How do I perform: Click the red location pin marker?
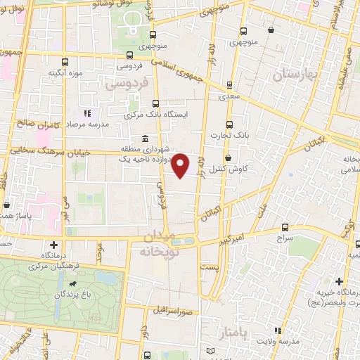click(x=181, y=166)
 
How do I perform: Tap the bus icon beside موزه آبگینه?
click(x=65, y=62)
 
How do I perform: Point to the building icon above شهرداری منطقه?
click(x=145, y=138)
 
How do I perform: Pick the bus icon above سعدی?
click(x=229, y=85)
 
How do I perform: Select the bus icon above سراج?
click(x=285, y=227)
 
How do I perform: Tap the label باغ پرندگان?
click(x=76, y=294)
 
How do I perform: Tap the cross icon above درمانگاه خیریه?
click(x=339, y=281)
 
